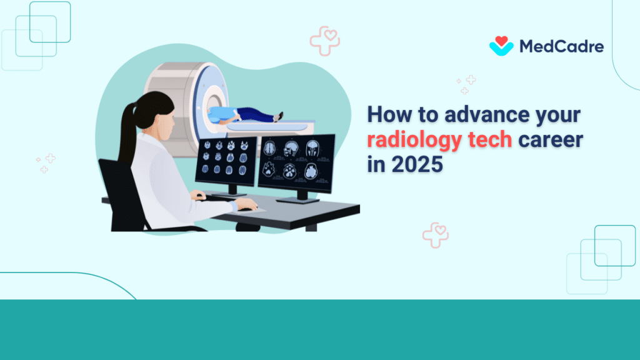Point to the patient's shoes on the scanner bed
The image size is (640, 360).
(278, 117)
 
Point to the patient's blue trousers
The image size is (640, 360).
(253, 114)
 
